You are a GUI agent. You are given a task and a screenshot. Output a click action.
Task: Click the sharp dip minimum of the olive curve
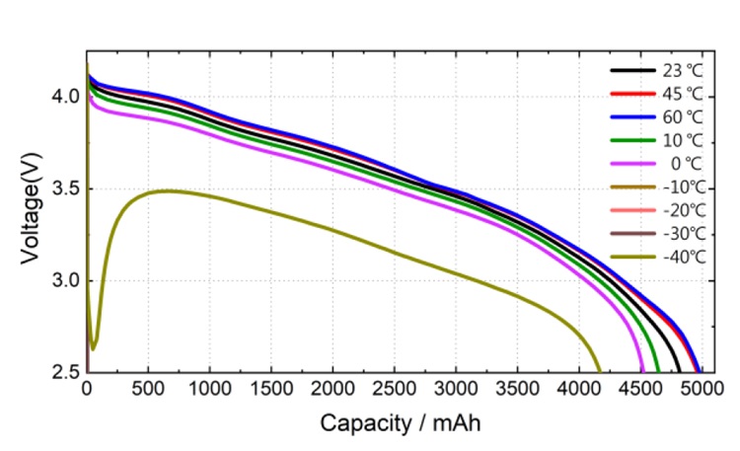click(93, 348)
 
